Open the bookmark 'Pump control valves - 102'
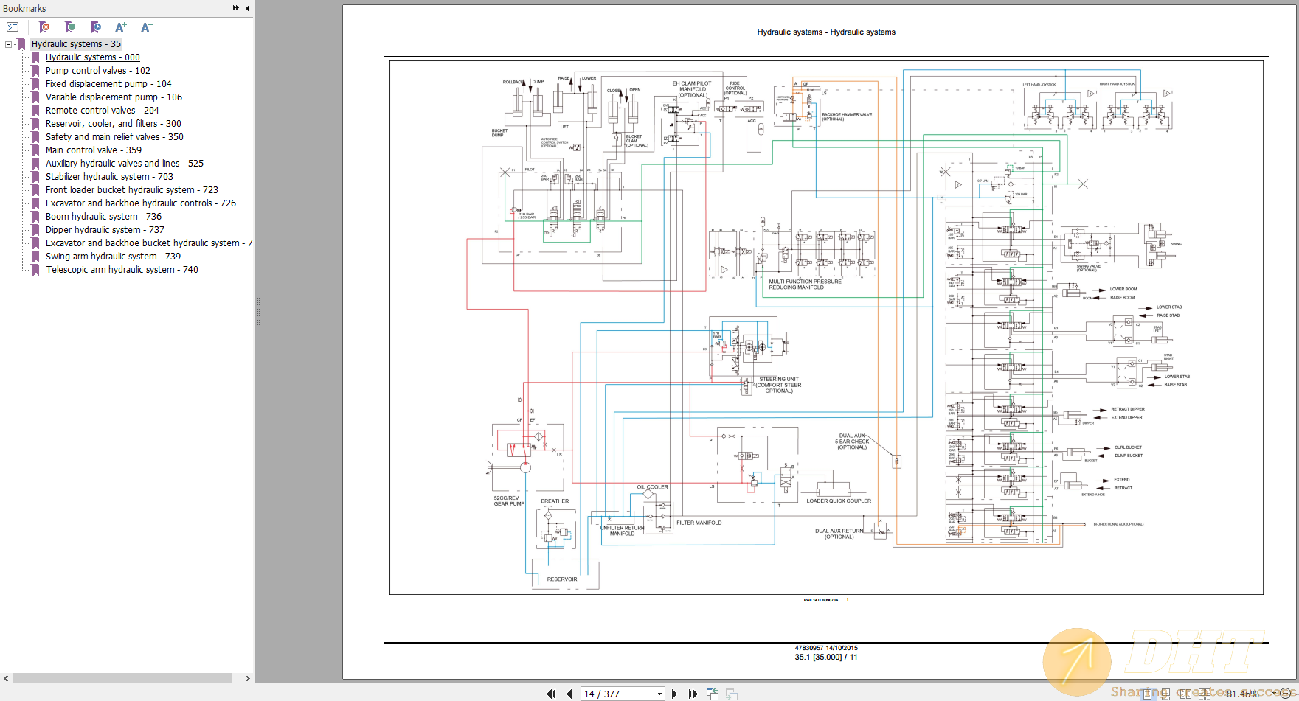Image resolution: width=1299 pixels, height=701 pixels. pos(97,71)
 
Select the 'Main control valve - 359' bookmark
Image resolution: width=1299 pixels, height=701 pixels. pos(93,150)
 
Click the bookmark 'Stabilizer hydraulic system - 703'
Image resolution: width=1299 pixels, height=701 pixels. pos(109,177)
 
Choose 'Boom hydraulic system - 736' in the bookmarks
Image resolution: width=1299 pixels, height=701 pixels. pos(103,217)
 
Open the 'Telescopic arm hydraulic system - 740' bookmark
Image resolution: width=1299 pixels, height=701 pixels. pos(122,270)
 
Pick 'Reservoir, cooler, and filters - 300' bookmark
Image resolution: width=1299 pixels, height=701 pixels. pos(113,124)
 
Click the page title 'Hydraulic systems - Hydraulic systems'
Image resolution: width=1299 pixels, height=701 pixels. pos(826,32)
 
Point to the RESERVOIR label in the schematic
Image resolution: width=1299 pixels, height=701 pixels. pos(562,579)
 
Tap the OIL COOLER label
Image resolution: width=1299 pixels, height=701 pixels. pos(653,487)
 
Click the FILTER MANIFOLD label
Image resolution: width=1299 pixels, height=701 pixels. pos(699,523)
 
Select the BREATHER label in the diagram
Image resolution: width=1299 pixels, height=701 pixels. pos(555,501)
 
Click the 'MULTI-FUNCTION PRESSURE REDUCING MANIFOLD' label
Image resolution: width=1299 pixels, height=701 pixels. pos(805,285)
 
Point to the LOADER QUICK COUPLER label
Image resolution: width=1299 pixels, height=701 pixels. pos(839,501)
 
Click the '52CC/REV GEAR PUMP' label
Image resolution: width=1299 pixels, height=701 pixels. pos(509,501)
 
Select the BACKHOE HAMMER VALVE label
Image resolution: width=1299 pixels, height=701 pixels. pos(847,116)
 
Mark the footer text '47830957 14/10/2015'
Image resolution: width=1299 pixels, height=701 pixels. pos(826,648)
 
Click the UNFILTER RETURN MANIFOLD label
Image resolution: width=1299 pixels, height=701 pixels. pos(623,531)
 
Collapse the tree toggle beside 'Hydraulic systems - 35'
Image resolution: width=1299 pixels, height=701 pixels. pos(9,44)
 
